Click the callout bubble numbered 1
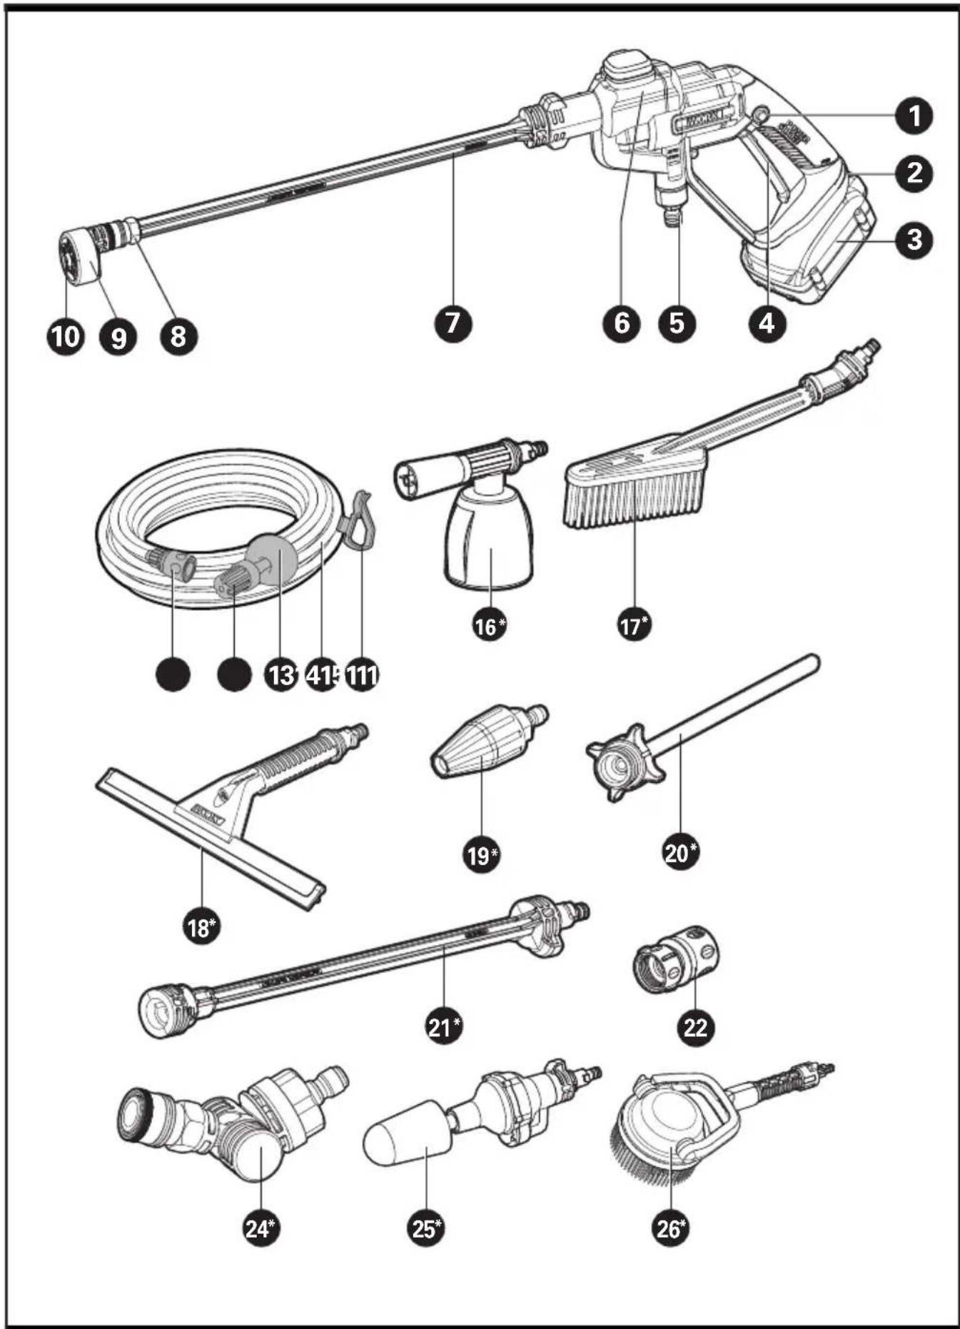pos(914,115)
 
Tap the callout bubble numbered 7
pos(453,323)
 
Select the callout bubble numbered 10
pos(65,335)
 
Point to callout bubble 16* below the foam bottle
pos(490,626)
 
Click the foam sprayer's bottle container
pos(489,542)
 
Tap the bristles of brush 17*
pos(635,500)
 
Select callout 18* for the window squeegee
pos(202,927)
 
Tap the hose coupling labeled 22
pos(676,959)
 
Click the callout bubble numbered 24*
pos(261,1228)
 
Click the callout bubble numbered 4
pos(766,323)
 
